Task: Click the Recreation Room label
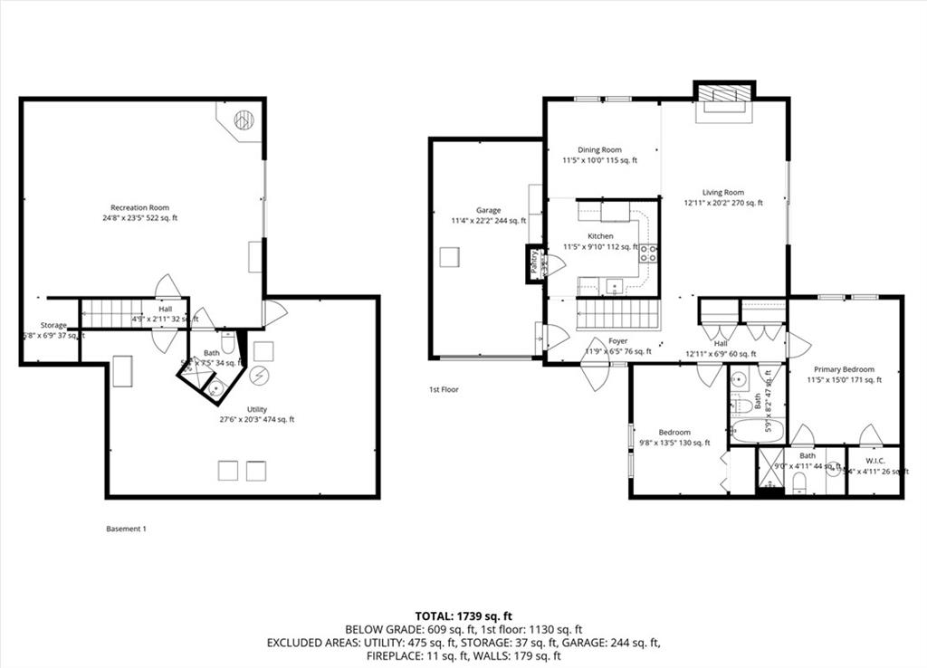139,208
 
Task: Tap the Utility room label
257,409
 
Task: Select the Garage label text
489,210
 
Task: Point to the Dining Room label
599,150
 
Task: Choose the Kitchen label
601,235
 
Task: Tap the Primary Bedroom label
844,369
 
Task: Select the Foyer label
618,341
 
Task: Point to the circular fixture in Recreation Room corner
244,119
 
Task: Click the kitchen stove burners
648,254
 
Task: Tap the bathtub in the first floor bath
757,429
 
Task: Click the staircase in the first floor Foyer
619,315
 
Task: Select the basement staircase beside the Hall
113,313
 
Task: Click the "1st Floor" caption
444,390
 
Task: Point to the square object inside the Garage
450,258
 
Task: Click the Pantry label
534,262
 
